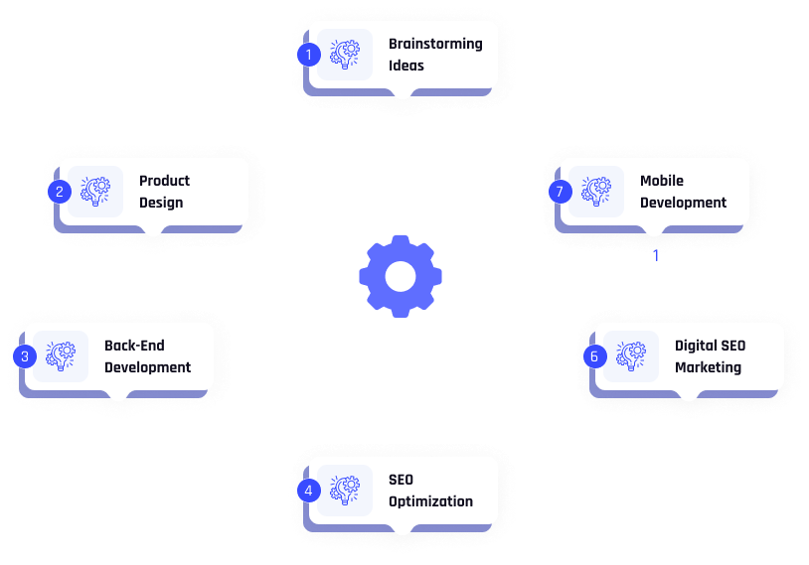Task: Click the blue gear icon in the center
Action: pyautogui.click(x=401, y=276)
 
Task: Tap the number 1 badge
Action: pyautogui.click(x=309, y=55)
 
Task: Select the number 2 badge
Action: pyautogui.click(x=60, y=192)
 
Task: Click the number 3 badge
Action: pyautogui.click(x=25, y=356)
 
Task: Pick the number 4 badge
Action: pyautogui.click(x=309, y=490)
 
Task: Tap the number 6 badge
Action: pyautogui.click(x=595, y=356)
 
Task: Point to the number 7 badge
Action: pyautogui.click(x=561, y=192)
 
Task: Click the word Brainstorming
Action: pyautogui.click(x=435, y=44)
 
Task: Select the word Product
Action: pyautogui.click(x=164, y=181)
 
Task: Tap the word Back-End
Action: pyautogui.click(x=134, y=346)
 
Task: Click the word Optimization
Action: pyautogui.click(x=430, y=501)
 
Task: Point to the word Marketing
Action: pyautogui.click(x=708, y=367)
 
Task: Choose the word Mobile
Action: pyautogui.click(x=662, y=181)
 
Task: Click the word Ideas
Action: pyautogui.click(x=406, y=66)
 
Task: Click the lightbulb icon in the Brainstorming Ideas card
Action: pyautogui.click(x=345, y=55)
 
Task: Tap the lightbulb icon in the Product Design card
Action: pyautogui.click(x=95, y=191)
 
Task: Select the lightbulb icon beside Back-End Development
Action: pyautogui.click(x=61, y=355)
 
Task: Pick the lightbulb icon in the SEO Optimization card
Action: pyautogui.click(x=345, y=490)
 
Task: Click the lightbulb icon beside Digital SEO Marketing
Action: pyautogui.click(x=631, y=355)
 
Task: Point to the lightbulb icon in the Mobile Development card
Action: pyautogui.click(x=596, y=191)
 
